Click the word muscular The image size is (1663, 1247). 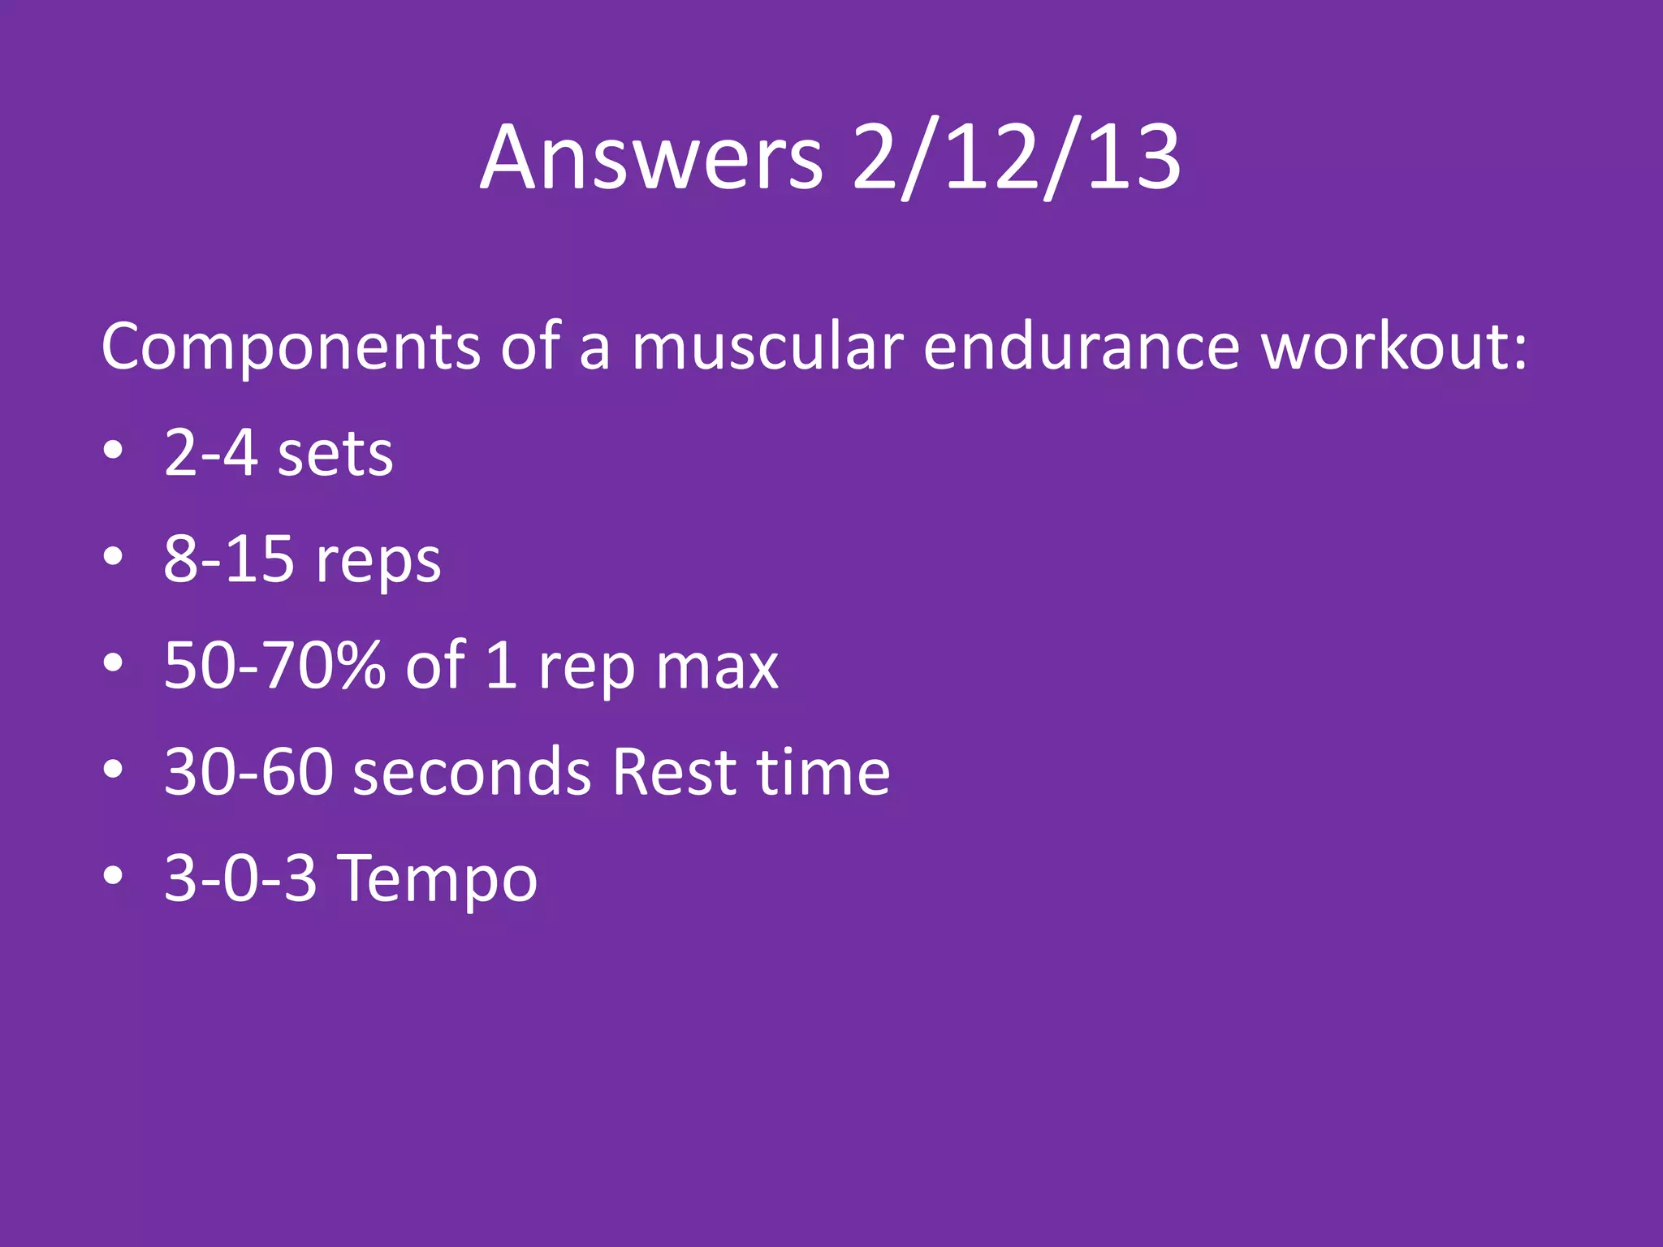point(767,347)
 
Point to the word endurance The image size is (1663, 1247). point(1081,347)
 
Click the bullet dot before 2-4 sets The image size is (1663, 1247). point(114,451)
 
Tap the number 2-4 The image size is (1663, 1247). point(210,453)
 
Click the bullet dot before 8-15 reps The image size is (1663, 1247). point(114,557)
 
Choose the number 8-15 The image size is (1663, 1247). point(229,559)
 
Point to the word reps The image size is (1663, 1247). point(378,563)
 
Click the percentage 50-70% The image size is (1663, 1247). point(274,666)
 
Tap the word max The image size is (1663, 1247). point(717,669)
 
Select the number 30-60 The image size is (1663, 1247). point(248,772)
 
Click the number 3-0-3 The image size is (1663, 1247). point(240,878)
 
